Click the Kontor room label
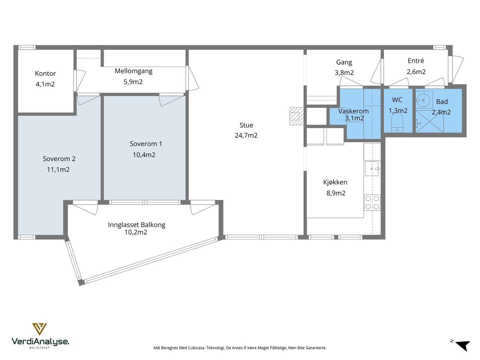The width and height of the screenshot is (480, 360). [x=45, y=73]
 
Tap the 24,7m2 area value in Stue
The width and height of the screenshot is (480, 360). [x=246, y=136]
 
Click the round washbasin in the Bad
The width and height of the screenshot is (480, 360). [x=423, y=100]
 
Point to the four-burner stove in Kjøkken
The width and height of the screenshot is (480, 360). [x=372, y=202]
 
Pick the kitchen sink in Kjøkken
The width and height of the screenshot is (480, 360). [x=372, y=169]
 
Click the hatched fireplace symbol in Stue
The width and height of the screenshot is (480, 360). [x=296, y=116]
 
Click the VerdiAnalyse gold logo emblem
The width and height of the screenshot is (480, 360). [x=40, y=329]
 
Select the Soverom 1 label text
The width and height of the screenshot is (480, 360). [x=146, y=144]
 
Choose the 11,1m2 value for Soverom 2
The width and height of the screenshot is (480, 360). [x=58, y=169]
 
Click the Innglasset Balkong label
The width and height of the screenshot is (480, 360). [x=136, y=225]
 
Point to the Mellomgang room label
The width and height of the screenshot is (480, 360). [x=133, y=71]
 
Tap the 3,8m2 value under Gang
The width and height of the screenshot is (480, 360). [x=344, y=73]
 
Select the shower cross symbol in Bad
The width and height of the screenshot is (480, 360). [x=430, y=121]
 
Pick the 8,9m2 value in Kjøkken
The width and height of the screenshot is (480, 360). [x=336, y=193]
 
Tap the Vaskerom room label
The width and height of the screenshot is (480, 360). [x=353, y=111]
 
